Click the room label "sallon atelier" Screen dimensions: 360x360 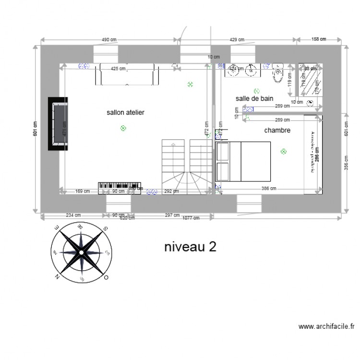pyautogui.click(x=125, y=112)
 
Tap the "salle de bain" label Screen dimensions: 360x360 pyautogui.click(x=254, y=98)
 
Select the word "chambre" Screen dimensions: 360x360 pyautogui.click(x=277, y=130)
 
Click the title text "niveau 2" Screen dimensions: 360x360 pyautogui.click(x=190, y=247)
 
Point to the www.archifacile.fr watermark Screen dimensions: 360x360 pyautogui.click(x=326, y=327)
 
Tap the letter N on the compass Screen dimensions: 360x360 pyautogui.click(x=57, y=276)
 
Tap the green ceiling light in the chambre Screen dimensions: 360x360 pyautogui.click(x=283, y=152)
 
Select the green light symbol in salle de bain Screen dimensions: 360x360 pyautogui.click(x=257, y=90)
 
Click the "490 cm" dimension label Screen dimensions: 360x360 pyautogui.click(x=109, y=39)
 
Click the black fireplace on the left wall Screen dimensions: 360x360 pyautogui.click(x=58, y=124)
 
